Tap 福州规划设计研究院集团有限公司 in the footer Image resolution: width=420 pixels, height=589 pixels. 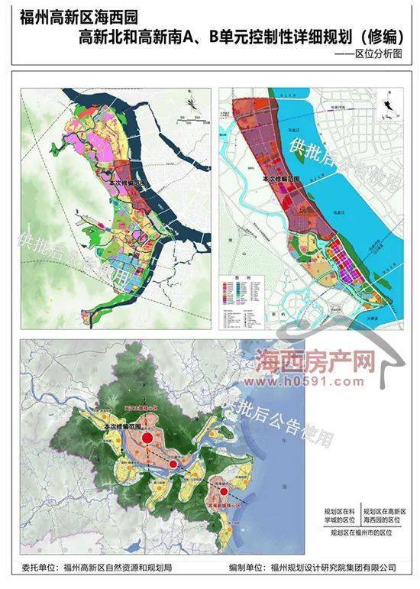click(x=333, y=569)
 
